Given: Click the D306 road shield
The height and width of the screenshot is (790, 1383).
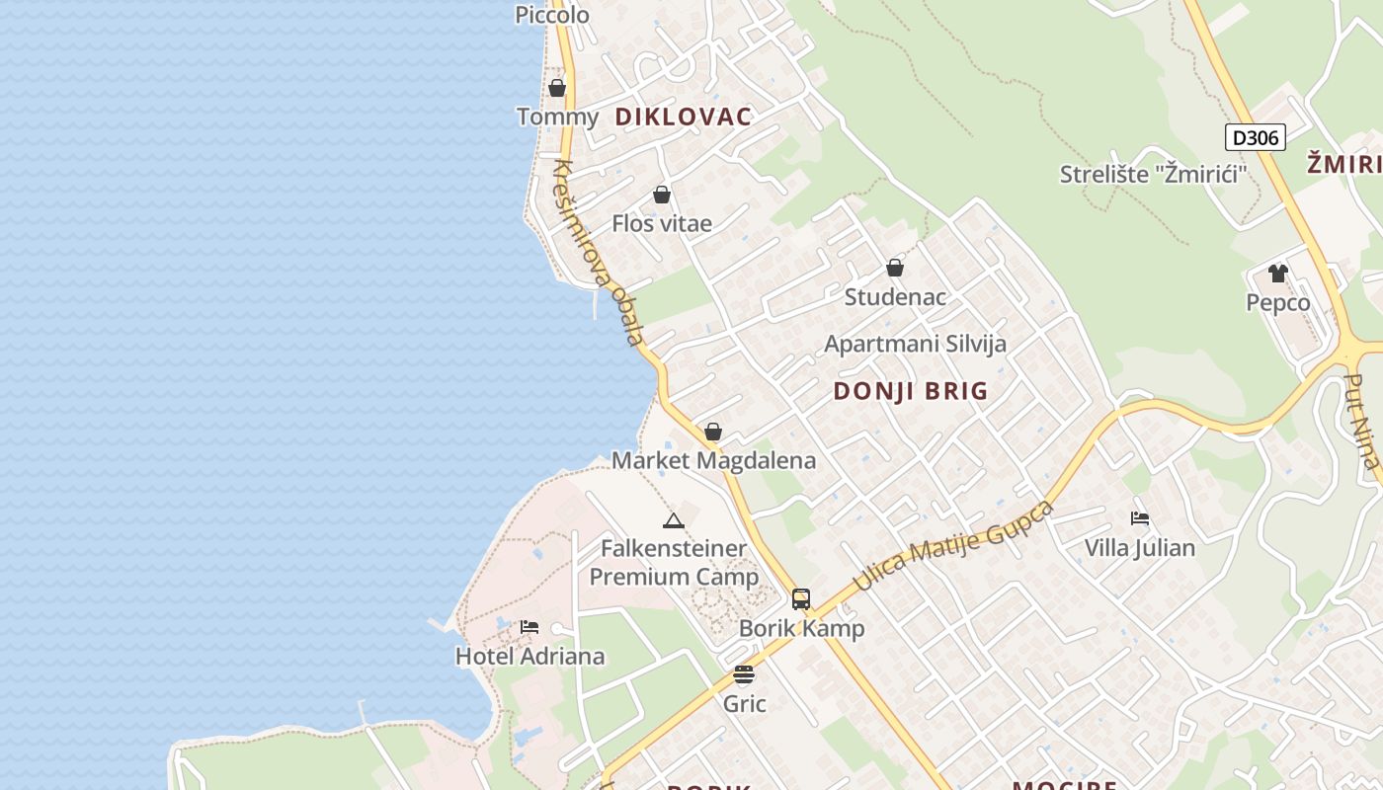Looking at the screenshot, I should click(1255, 137).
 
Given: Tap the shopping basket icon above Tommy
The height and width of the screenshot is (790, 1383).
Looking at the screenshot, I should click(557, 88).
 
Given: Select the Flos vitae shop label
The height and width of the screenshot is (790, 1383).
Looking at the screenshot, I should click(661, 223).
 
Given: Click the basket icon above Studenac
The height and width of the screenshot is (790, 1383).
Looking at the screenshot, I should click(894, 268).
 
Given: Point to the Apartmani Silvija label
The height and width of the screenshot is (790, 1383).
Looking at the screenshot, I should click(915, 344).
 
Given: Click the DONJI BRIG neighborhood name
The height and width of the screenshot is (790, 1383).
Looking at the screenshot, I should click(910, 391).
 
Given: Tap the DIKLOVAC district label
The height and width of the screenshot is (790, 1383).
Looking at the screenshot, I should click(683, 117).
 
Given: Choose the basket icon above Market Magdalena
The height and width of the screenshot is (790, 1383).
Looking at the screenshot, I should click(712, 432).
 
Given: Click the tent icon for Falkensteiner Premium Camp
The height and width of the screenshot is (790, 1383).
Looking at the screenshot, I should click(673, 520).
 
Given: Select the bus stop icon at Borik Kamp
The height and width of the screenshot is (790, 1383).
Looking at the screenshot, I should click(800, 598).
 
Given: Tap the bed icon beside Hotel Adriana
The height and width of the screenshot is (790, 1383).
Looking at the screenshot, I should click(529, 627).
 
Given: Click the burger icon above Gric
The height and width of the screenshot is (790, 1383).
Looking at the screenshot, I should click(744, 674).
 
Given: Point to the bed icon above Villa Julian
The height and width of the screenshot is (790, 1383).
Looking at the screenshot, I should click(1139, 518).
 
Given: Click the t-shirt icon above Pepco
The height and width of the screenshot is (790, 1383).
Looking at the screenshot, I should click(1277, 274).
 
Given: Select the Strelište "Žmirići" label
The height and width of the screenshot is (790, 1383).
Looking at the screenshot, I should click(1153, 175).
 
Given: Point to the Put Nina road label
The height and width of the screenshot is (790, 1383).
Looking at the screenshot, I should click(1361, 421).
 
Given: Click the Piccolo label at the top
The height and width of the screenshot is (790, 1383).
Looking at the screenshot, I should click(552, 15).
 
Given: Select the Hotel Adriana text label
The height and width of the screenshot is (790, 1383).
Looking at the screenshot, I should click(529, 656).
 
